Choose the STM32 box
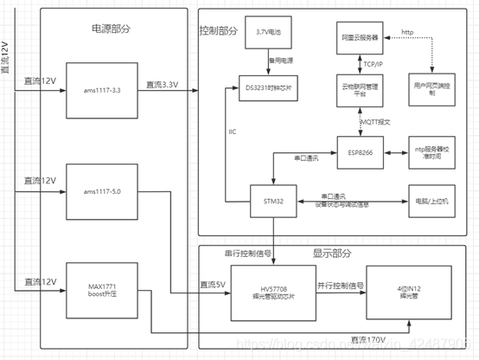click(274, 202)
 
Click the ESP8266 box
click(361, 153)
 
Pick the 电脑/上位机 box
click(437, 202)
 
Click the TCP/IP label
click(374, 63)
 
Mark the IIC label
click(232, 132)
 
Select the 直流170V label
click(363, 338)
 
